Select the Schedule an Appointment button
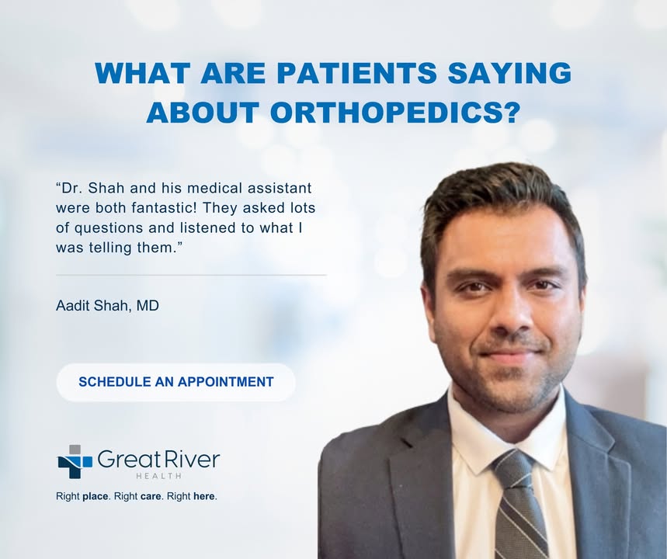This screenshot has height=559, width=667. (x=175, y=382)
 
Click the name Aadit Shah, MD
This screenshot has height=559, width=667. (x=107, y=305)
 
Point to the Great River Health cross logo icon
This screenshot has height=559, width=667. (x=75, y=462)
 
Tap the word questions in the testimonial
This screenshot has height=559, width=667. (x=109, y=228)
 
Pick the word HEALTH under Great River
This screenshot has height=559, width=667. (x=158, y=476)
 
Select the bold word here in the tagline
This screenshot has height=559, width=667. (x=204, y=496)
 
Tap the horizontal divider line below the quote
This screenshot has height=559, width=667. (x=191, y=276)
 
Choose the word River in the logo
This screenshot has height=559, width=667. (x=197, y=460)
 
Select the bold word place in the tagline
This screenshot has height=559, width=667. (x=96, y=496)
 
